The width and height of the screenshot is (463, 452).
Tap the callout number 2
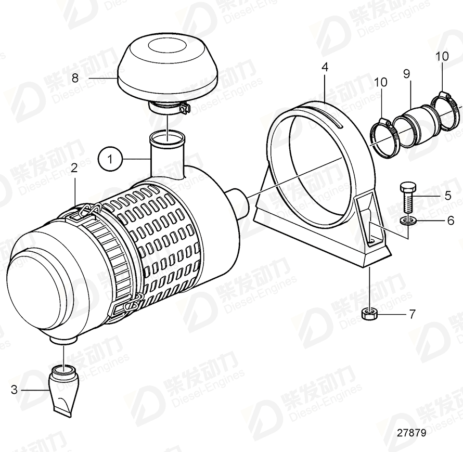pos(74,168)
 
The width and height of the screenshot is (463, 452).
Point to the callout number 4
pos(324,67)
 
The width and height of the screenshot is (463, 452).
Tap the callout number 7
pos(411,314)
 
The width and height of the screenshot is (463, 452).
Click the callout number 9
pos(407,74)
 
